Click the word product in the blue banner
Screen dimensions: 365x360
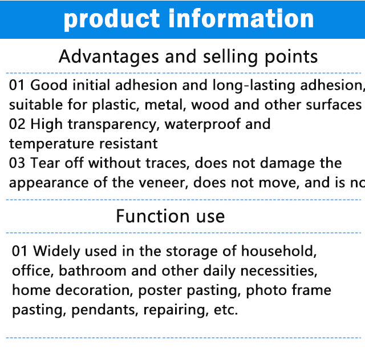point(111,19)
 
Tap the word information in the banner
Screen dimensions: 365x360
point(241,18)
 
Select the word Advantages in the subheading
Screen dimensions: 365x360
point(109,57)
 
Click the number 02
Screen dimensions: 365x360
point(17,124)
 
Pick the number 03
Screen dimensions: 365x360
point(17,163)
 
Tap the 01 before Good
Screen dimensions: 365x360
point(17,85)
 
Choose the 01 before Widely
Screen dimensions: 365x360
point(20,251)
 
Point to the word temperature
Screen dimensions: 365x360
point(52,144)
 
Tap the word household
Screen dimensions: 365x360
point(279,251)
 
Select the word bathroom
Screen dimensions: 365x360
point(92,270)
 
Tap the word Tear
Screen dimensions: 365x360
point(45,163)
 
